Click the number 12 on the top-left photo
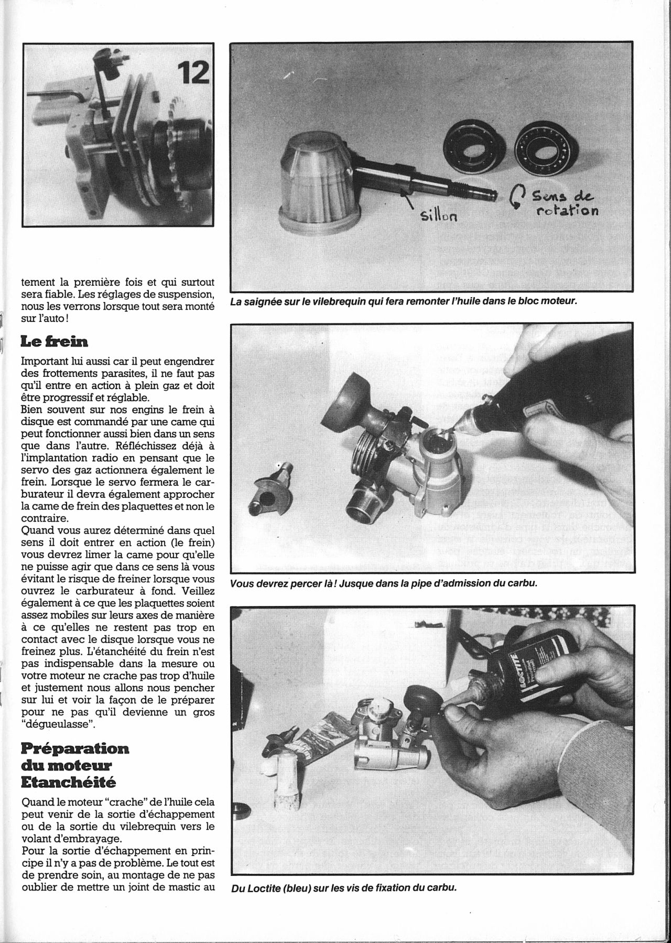[192, 73]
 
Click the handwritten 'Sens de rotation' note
[562, 203]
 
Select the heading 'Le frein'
[55, 342]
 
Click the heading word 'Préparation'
[75, 748]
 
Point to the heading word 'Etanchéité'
[68, 782]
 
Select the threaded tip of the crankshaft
[485, 192]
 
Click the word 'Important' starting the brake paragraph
[45, 362]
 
